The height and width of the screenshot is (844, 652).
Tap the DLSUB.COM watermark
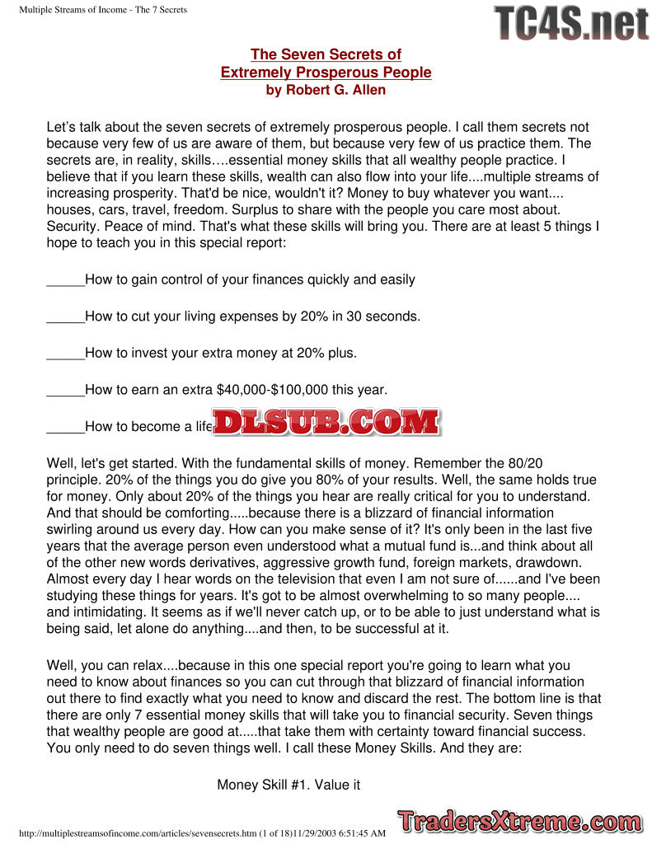pos(326,422)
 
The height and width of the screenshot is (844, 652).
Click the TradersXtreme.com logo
pos(519,821)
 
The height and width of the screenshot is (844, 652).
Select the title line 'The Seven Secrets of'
pos(326,54)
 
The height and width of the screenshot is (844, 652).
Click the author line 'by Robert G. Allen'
pos(326,90)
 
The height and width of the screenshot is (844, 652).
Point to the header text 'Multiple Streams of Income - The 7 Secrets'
pos(103,10)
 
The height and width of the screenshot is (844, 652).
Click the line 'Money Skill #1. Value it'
pos(288,785)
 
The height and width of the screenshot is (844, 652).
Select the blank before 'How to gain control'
pos(66,280)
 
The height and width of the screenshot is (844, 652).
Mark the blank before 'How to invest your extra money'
pos(66,354)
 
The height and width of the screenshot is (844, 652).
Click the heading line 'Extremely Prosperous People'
pos(326,73)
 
